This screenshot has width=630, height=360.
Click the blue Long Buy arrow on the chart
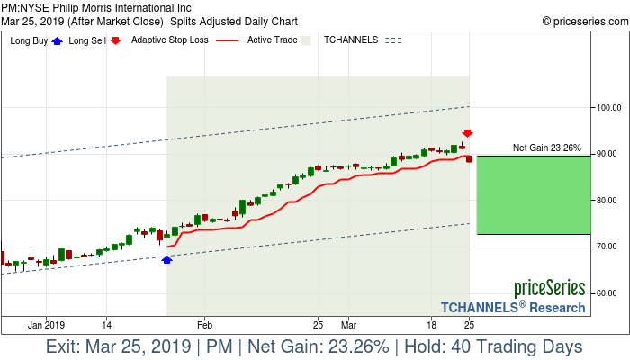click(x=166, y=259)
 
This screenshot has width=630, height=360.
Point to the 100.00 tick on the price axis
click(x=609, y=107)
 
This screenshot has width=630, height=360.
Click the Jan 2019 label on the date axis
click(x=47, y=324)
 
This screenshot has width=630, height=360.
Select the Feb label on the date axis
click(x=204, y=324)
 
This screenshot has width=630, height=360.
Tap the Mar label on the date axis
click(x=349, y=324)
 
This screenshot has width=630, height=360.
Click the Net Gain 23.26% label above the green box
click(x=547, y=148)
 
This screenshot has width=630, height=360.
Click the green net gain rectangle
click(x=534, y=195)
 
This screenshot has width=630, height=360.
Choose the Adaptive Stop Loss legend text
click(x=168, y=40)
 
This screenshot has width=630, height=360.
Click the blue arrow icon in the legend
click(x=58, y=40)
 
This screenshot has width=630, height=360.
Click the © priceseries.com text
click(x=582, y=21)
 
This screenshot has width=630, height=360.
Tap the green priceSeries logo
click(x=549, y=289)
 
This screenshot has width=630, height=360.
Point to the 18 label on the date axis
click(x=432, y=324)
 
